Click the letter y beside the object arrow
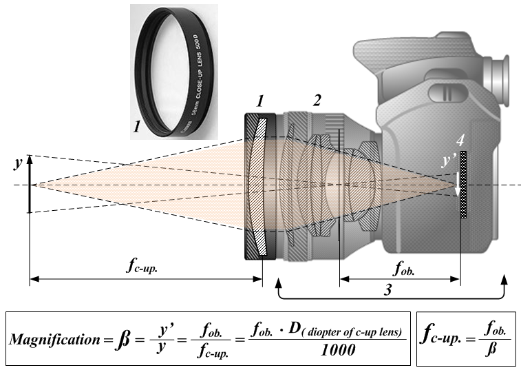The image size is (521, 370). point(17,164)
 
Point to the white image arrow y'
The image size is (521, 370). point(456,182)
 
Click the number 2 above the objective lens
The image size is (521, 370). point(316,101)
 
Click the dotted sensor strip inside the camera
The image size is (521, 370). point(464,186)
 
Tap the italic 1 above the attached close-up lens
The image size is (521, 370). point(259,101)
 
